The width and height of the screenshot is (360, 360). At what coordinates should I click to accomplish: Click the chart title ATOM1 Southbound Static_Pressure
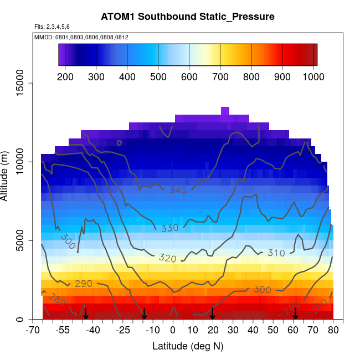(188, 17)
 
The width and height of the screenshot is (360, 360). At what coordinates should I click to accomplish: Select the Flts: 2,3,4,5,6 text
(52, 27)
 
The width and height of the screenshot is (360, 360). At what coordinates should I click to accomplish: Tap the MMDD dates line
(81, 37)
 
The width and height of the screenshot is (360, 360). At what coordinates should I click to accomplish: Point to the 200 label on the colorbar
(65, 76)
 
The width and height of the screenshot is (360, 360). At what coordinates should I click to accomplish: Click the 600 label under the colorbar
(189, 76)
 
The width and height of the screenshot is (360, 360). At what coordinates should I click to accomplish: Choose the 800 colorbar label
(251, 76)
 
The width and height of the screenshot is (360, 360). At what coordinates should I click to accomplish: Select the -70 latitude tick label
(33, 331)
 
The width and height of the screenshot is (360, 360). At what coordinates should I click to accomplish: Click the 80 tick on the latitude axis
(333, 331)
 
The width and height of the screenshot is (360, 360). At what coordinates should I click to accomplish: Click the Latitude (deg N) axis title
(188, 346)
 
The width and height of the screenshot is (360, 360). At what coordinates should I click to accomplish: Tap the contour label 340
(178, 191)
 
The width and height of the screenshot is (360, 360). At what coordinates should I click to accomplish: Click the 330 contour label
(170, 228)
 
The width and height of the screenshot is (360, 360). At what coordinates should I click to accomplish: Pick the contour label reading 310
(275, 253)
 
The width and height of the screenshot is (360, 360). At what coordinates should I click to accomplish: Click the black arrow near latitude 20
(212, 313)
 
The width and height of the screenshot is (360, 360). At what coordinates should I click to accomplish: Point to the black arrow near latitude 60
(295, 313)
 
